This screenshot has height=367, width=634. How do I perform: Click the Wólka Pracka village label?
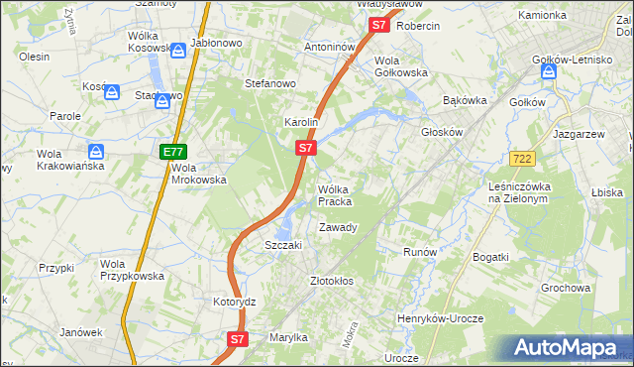[x=335, y=195]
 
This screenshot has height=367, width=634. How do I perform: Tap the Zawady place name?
[x=337, y=227]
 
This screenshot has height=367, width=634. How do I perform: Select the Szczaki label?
[x=282, y=245]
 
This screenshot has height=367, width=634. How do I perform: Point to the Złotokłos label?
[x=332, y=281]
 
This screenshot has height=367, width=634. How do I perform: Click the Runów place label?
[x=420, y=252]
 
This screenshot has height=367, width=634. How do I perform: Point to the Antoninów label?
[x=330, y=47]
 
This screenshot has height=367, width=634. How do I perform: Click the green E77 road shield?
[x=173, y=152]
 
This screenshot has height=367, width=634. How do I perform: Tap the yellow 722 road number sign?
[x=523, y=159]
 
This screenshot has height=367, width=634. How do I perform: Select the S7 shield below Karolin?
[x=306, y=149]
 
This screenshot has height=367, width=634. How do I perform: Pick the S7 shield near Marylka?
[x=237, y=339]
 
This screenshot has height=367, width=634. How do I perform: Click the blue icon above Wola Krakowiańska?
[x=96, y=152]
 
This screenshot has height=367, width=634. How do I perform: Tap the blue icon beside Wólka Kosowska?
[x=176, y=50]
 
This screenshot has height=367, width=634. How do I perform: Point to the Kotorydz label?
[x=235, y=301]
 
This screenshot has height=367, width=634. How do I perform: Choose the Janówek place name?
[x=81, y=332]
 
